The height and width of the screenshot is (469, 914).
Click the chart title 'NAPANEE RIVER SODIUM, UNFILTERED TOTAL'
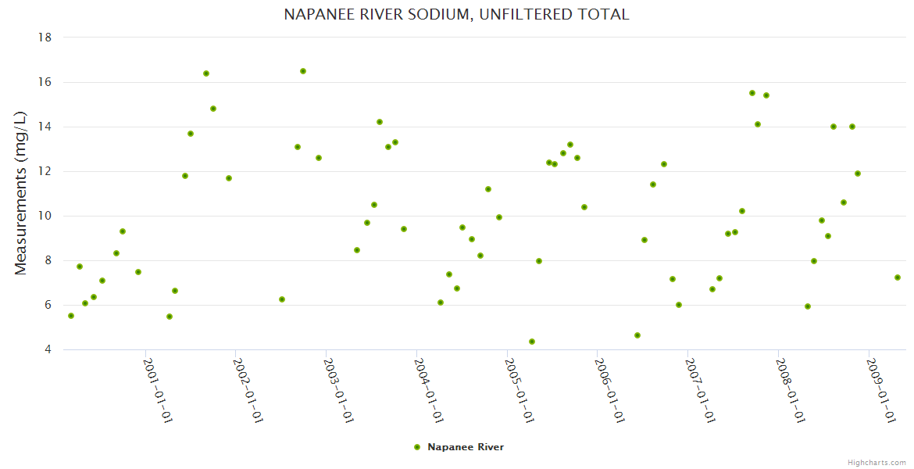456,14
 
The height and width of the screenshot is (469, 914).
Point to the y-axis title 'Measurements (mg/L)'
21,193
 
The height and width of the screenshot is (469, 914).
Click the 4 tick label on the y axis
48,349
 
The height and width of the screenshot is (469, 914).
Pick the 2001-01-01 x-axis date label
158,390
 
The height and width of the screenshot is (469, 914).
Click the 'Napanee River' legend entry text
466,447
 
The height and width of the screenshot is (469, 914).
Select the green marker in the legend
416,447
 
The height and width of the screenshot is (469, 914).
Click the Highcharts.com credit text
877,462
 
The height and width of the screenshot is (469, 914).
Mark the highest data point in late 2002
303,71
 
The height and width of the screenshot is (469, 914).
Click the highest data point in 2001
206,73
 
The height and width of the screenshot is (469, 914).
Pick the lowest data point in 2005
532,342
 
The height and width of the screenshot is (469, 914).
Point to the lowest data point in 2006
637,335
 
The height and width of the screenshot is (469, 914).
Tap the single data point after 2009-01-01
898,277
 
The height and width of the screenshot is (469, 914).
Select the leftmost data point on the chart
71,316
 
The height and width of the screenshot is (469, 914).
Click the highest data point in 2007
752,93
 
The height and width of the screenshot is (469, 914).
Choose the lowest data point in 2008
808,306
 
